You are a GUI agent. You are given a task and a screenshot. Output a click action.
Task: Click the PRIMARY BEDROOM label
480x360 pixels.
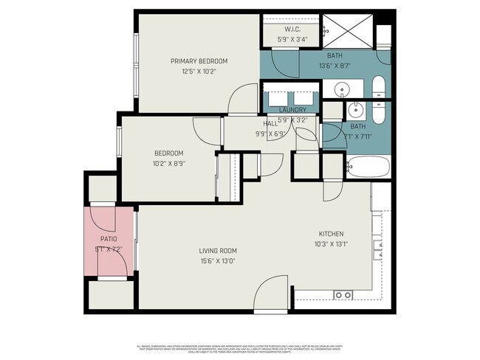coord(199,60)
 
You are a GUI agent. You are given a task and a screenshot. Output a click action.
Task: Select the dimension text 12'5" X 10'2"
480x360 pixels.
coord(199,72)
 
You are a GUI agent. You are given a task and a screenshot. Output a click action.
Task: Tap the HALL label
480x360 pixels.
coord(270,123)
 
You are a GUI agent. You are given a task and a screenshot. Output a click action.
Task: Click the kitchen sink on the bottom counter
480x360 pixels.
coord(343,294)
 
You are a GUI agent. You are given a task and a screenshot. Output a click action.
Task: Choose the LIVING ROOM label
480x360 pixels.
coord(217,251)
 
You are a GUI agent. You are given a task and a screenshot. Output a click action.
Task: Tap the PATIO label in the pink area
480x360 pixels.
coord(109,238)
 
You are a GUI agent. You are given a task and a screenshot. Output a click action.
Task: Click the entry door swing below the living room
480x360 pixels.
coord(270,292)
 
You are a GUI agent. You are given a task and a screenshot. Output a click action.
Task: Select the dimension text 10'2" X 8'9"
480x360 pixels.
coord(168,164)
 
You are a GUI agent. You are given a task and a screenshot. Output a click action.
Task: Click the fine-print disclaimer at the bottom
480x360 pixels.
coord(240,347)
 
